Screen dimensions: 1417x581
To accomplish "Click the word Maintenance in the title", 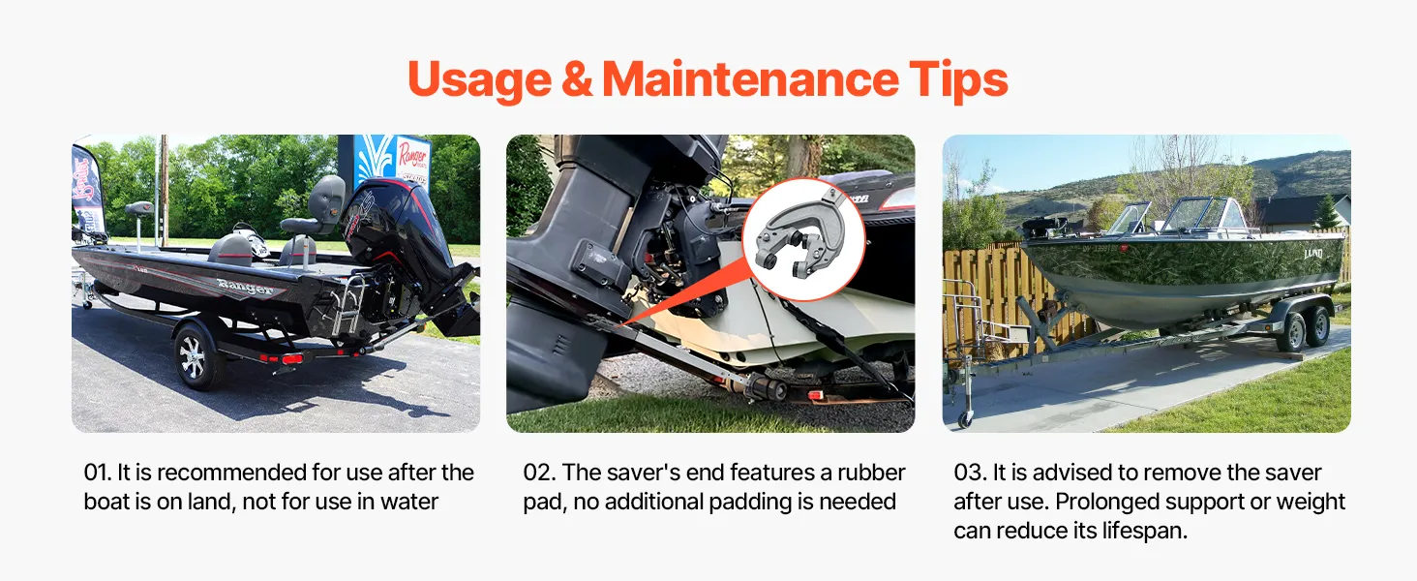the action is coord(750,79).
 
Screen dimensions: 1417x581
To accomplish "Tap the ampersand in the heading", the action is coord(576,79).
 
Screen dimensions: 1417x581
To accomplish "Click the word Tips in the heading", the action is coord(958,81).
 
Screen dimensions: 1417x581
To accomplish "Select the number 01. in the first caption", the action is coord(98,473).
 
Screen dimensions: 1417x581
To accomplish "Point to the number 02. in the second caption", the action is coord(539,473).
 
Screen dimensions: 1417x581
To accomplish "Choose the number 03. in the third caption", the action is coord(971,473).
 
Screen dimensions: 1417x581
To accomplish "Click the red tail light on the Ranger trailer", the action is coord(291,359).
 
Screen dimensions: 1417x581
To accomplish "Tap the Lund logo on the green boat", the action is coord(1312,254).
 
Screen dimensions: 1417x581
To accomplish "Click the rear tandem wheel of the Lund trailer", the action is coord(1317,326).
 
